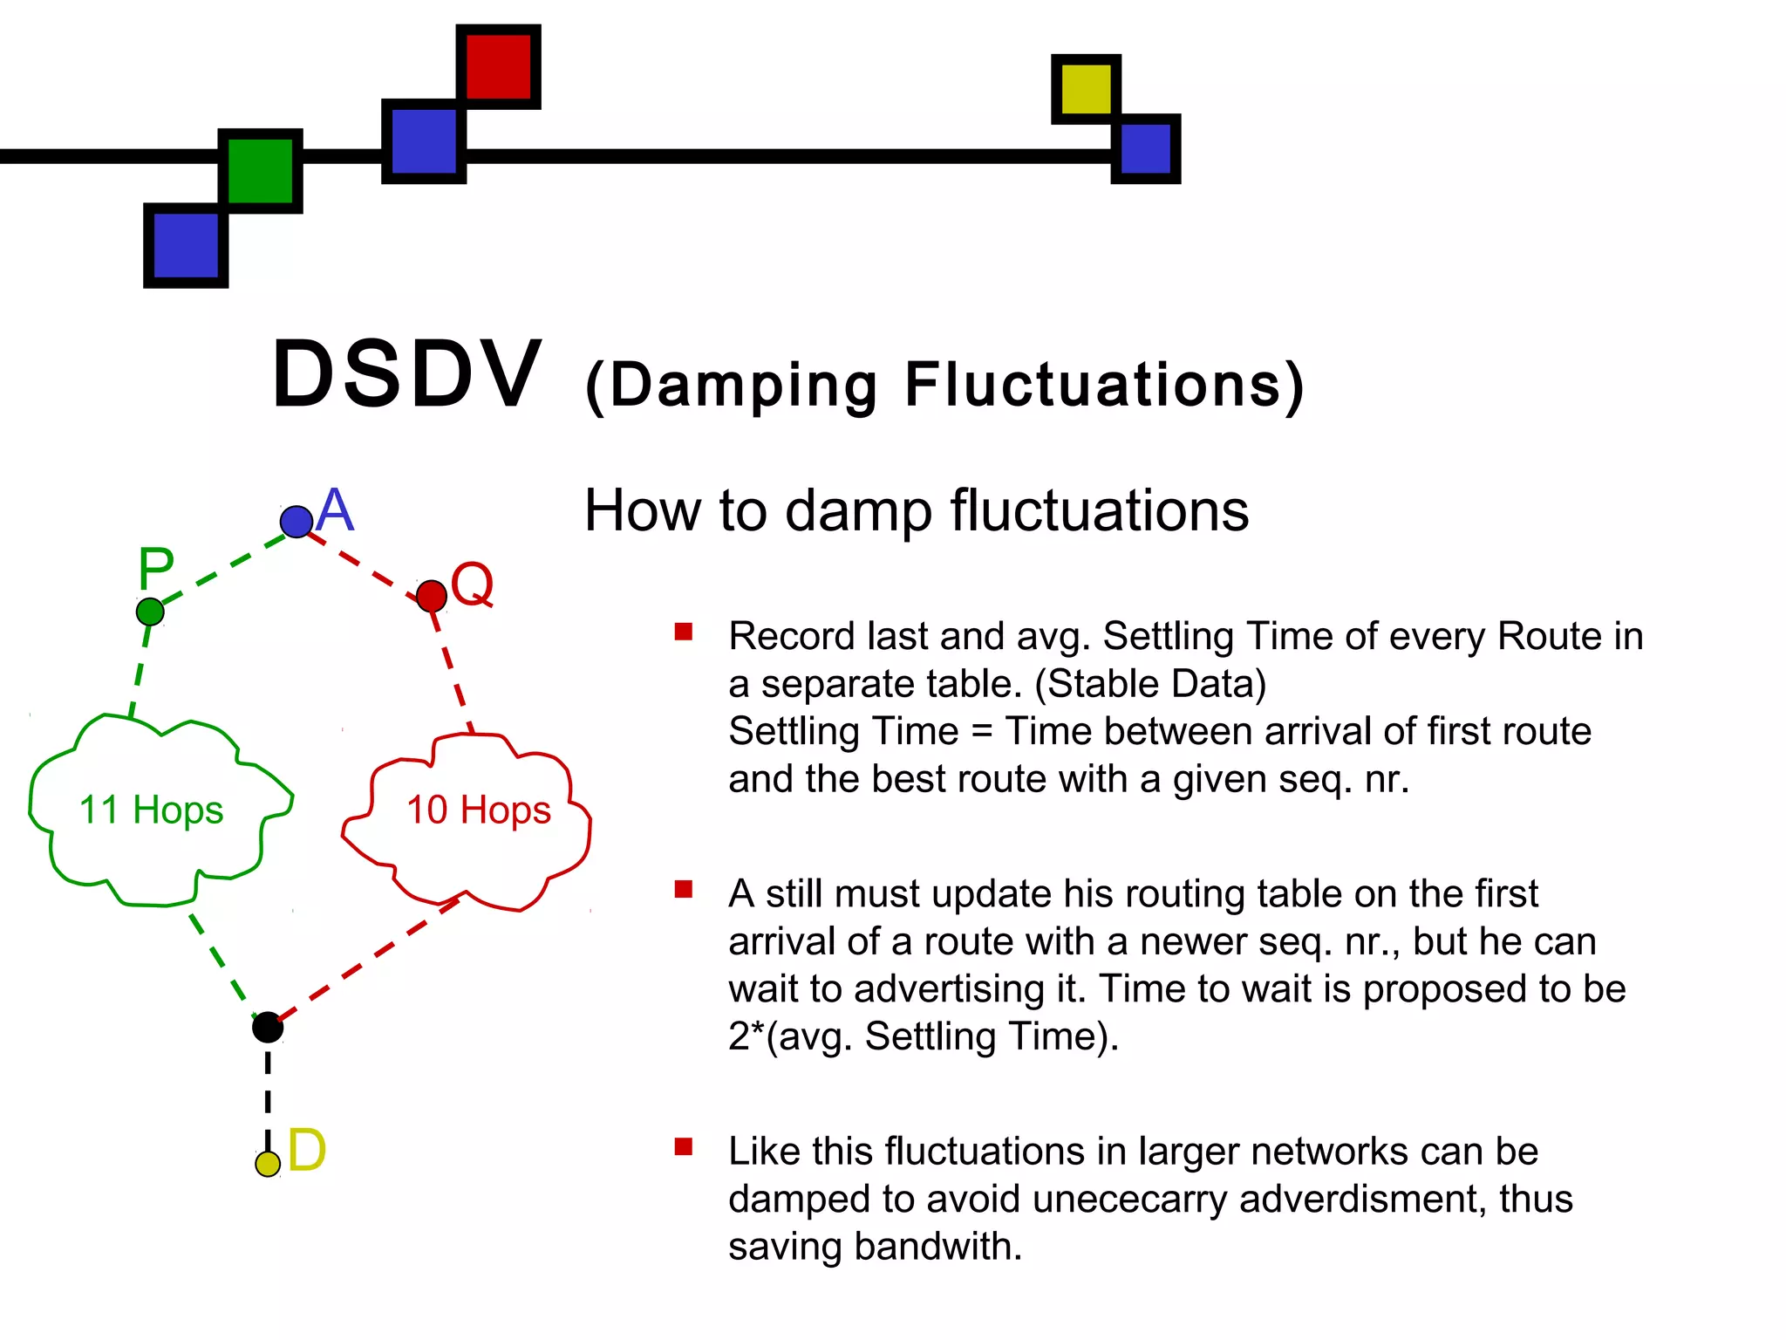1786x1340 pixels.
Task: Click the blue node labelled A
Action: coord(297,522)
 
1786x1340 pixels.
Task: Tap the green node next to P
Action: coord(150,612)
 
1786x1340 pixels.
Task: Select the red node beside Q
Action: coord(432,597)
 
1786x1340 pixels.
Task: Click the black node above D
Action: coord(268,1028)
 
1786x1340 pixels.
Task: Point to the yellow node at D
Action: coord(268,1164)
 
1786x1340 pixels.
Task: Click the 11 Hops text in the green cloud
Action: coord(151,810)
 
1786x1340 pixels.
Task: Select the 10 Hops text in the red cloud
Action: coord(479,810)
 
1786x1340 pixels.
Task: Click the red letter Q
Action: coord(472,584)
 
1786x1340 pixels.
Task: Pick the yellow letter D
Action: coord(306,1151)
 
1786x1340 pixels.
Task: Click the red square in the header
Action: coord(498,66)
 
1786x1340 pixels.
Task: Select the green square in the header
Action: coord(260,170)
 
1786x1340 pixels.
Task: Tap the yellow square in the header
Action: coord(1086,88)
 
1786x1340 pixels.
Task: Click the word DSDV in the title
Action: coord(407,375)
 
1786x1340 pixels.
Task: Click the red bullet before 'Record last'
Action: coord(684,632)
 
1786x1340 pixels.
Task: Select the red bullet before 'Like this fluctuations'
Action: coord(684,1146)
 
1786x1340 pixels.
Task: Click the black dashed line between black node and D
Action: coord(268,1095)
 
